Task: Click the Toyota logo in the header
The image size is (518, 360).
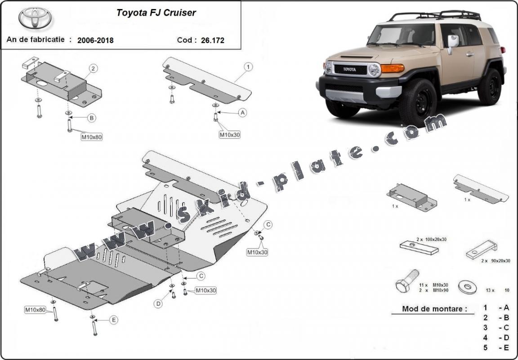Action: [x=35, y=18]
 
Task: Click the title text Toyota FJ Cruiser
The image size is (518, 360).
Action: [x=156, y=13]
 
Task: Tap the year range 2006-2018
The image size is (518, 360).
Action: [x=95, y=40]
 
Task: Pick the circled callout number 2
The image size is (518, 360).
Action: [x=93, y=69]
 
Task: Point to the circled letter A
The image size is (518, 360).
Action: [x=243, y=113]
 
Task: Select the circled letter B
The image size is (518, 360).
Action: [x=92, y=118]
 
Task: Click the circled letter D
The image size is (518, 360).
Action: [x=159, y=304]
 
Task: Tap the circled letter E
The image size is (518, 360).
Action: [x=114, y=320]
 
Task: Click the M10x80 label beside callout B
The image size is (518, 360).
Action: [x=92, y=137]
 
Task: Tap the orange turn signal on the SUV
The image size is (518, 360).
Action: [x=393, y=68]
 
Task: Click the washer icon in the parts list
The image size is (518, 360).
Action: [x=466, y=285]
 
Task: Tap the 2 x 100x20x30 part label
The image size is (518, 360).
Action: [x=431, y=240]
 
